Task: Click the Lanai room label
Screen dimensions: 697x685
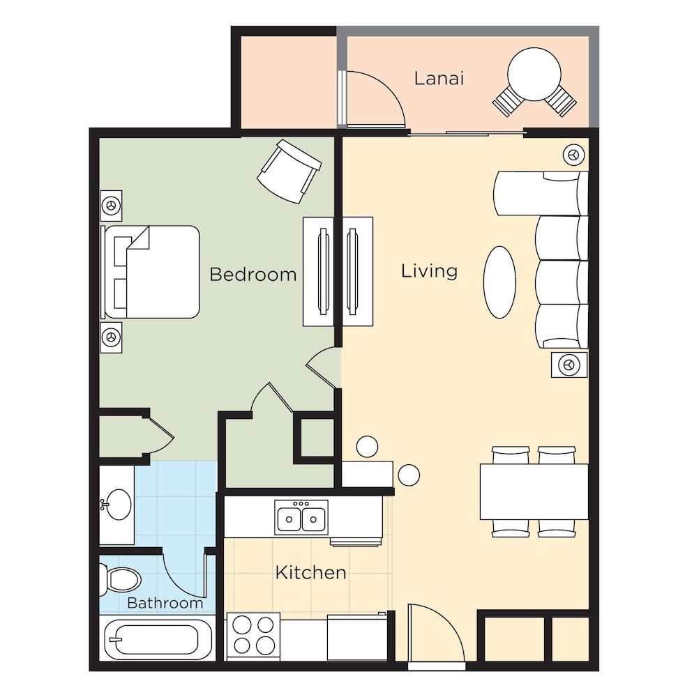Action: click(439, 77)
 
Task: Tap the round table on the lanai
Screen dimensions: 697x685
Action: click(534, 72)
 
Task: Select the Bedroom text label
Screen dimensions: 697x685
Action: click(253, 275)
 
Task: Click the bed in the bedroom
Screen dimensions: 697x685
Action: click(152, 272)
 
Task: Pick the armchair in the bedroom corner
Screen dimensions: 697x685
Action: click(289, 171)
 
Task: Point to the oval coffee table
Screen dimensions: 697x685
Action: click(499, 282)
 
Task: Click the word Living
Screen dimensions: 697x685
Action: click(429, 270)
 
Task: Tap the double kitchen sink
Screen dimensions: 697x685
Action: click(301, 518)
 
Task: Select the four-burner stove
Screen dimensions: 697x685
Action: click(254, 635)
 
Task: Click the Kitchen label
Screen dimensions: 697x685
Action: click(310, 573)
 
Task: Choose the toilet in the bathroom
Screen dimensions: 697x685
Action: click(121, 579)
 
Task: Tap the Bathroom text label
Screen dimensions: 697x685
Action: click(165, 603)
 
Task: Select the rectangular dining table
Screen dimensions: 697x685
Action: click(534, 491)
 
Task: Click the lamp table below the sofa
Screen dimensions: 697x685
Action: click(569, 365)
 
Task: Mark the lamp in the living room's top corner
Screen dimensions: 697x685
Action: click(573, 155)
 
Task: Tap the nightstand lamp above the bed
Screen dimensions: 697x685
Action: click(111, 206)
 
